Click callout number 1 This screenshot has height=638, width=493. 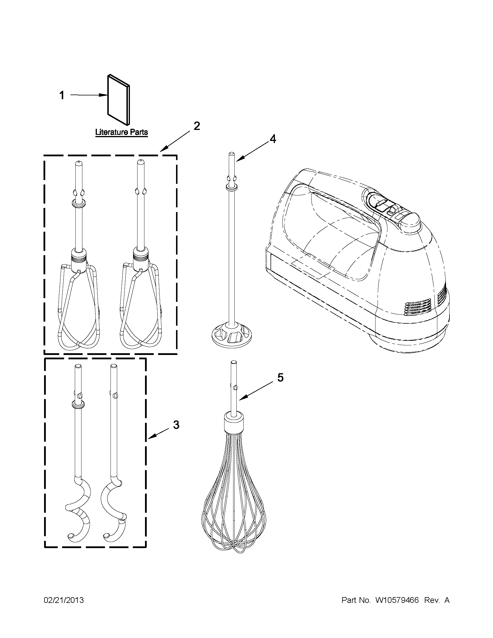62,95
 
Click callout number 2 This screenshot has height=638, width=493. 197,126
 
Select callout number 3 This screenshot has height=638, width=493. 176,425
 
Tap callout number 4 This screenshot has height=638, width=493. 272,139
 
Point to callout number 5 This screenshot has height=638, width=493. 280,378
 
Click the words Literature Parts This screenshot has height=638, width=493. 122,132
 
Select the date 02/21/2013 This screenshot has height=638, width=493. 64,600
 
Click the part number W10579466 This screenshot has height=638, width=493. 397,600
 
